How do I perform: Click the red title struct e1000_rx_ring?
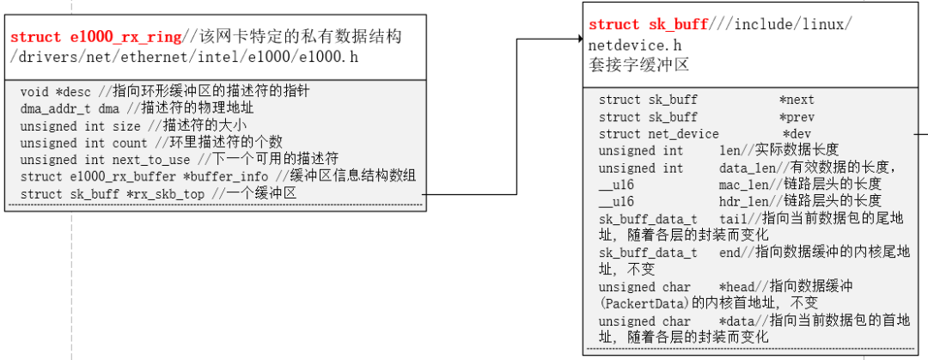click(x=96, y=37)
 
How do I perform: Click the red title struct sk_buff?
click(x=649, y=25)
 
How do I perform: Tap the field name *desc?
click(x=74, y=92)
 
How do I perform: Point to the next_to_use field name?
click(x=151, y=160)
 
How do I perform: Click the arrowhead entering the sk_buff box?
click(x=580, y=39)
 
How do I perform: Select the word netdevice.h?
click(x=633, y=46)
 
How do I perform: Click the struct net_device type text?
click(x=659, y=134)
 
